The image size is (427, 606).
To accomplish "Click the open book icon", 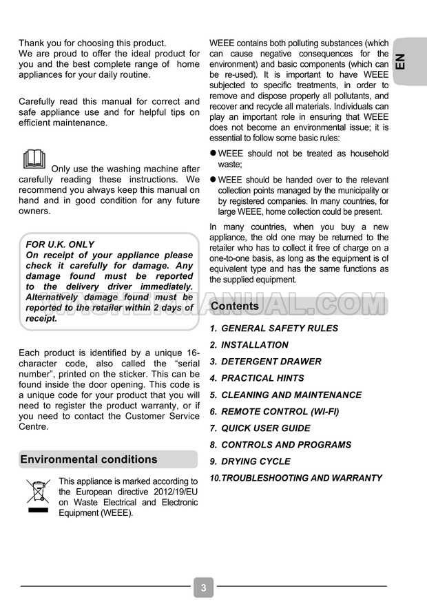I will [x=34, y=159].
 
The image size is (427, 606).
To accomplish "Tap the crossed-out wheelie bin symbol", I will [x=38, y=496].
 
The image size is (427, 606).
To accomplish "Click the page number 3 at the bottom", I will [x=203, y=587].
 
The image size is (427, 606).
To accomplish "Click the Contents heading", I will [x=235, y=306].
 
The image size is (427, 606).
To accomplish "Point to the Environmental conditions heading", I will [x=89, y=459].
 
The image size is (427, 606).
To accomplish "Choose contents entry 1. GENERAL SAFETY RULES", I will [x=274, y=328].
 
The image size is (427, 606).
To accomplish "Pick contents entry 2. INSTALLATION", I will [x=249, y=345].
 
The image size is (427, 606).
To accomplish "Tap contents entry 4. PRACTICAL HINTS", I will [x=257, y=378].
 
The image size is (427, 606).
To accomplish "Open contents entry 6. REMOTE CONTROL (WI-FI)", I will [x=274, y=411].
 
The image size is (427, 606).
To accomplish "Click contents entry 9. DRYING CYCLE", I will [x=250, y=461].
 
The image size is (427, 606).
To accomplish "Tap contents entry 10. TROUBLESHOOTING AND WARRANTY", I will [x=296, y=478].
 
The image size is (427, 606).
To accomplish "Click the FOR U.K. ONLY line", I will [x=60, y=244].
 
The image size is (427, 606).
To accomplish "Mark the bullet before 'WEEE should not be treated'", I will [x=213, y=154].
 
